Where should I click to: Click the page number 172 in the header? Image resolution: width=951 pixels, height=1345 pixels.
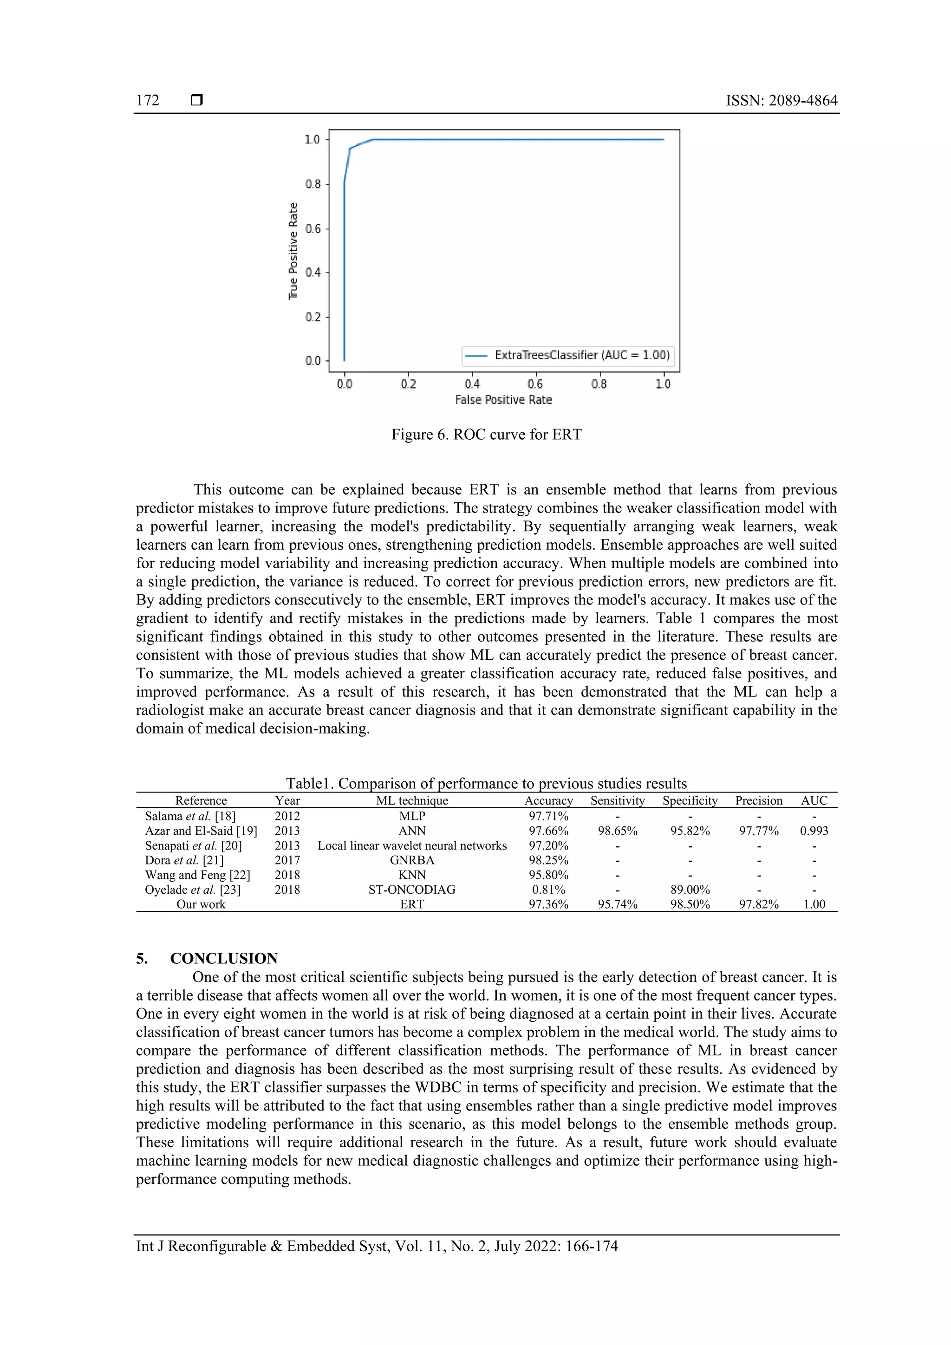[148, 100]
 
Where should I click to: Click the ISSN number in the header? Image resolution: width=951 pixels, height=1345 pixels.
[781, 100]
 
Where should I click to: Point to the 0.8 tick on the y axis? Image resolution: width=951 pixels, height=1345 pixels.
[313, 184]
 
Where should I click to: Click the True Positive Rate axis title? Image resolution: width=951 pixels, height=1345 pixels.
[293, 251]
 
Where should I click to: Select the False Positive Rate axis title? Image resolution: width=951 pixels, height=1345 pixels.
[503, 400]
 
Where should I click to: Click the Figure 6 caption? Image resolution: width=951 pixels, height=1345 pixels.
[486, 434]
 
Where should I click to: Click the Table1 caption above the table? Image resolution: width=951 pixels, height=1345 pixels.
[486, 783]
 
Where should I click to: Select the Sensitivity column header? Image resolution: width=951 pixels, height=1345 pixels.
[617, 800]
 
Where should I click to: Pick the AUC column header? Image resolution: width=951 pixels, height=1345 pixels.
[814, 800]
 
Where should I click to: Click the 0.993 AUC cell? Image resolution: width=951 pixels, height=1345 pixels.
[814, 831]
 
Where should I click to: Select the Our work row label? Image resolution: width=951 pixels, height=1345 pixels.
[201, 904]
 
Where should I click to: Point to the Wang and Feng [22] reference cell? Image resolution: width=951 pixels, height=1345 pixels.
[197, 875]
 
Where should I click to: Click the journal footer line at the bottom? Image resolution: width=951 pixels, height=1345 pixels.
[377, 1246]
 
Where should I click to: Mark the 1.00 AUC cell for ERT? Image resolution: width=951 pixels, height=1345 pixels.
[814, 904]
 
